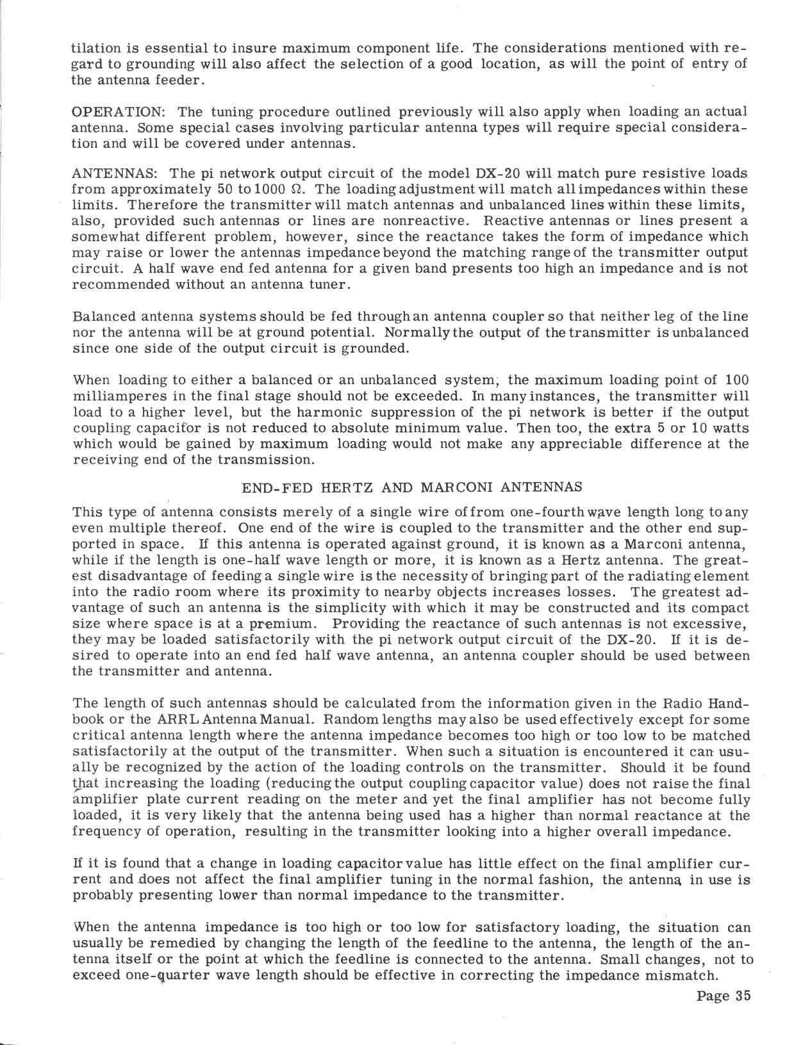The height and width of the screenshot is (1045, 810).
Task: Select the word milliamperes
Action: [119, 396]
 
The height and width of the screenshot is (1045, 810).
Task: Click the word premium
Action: [283, 624]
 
